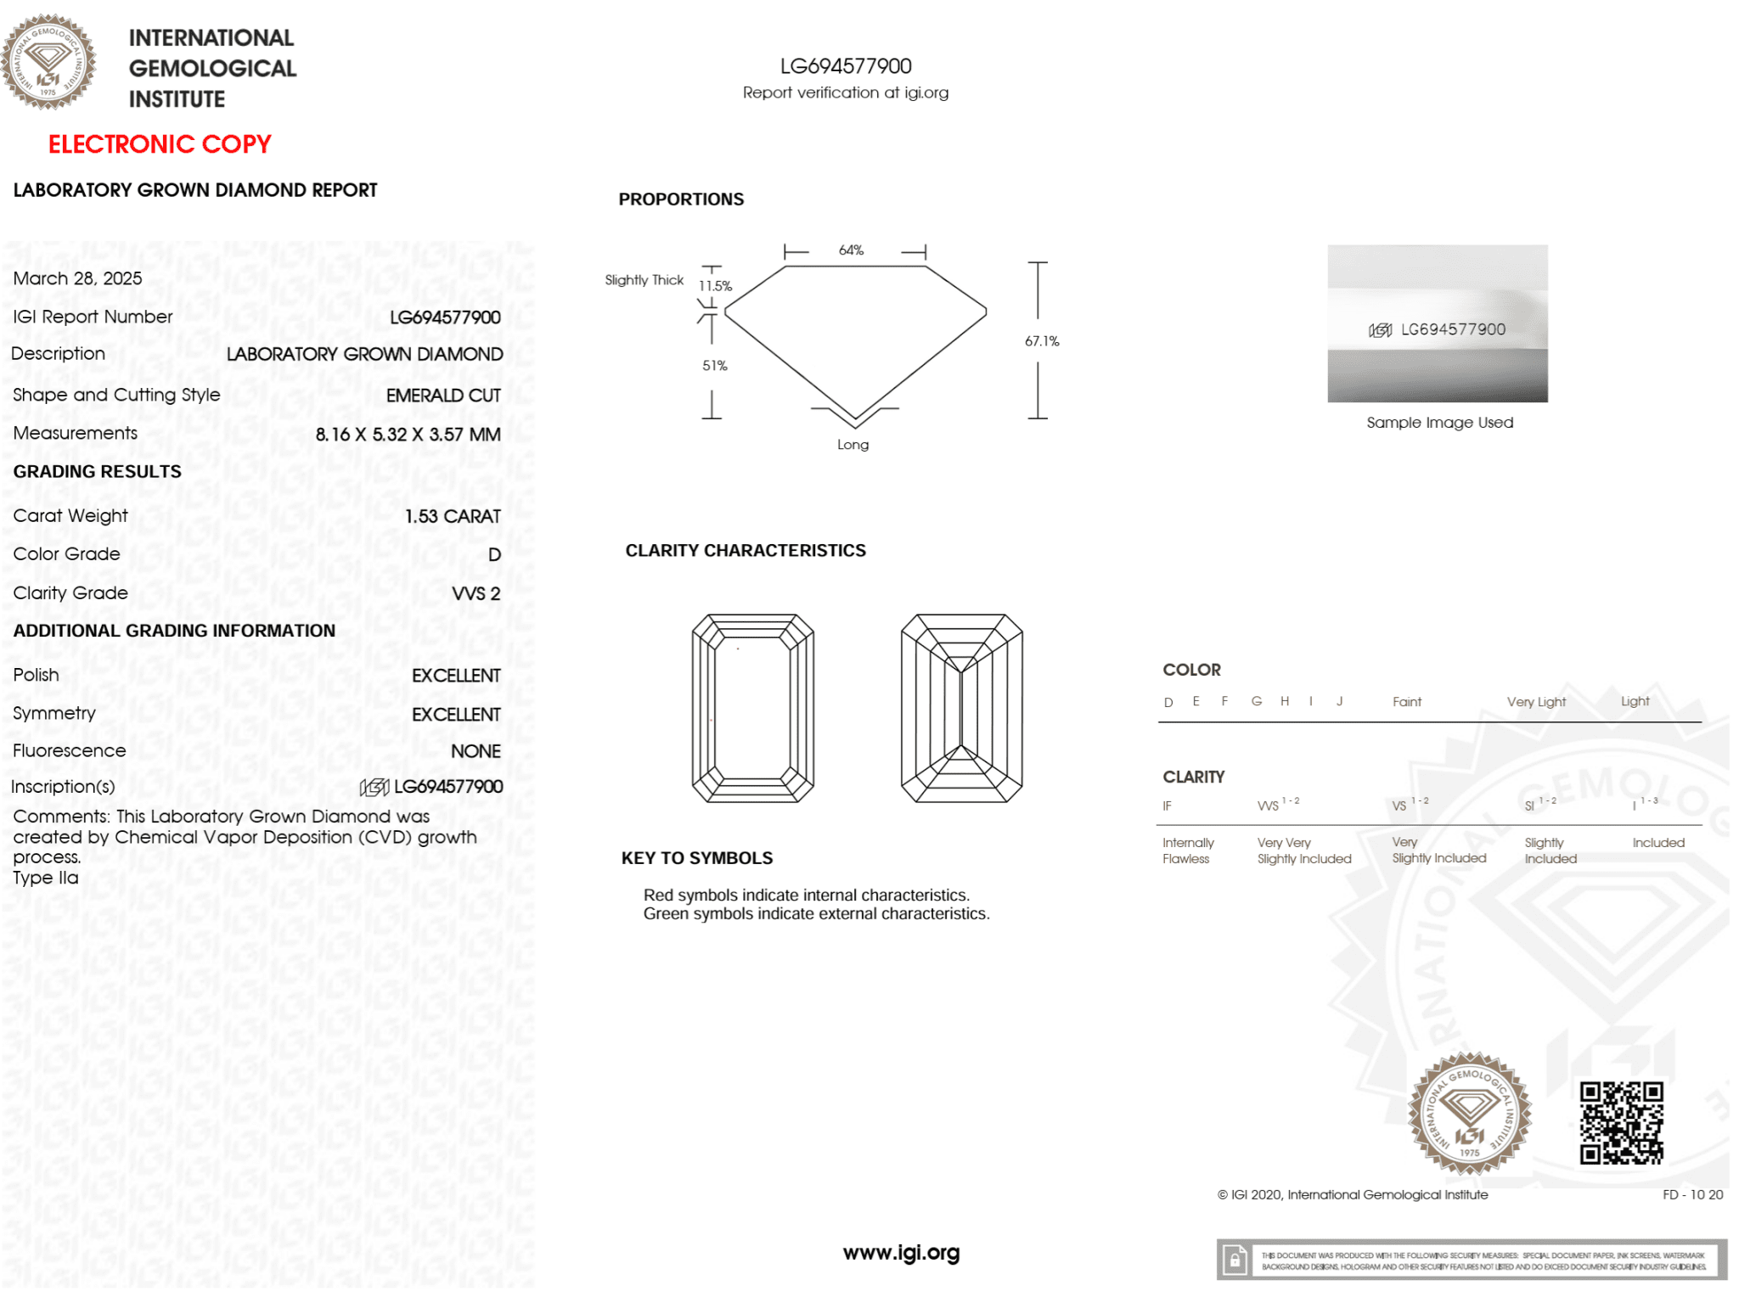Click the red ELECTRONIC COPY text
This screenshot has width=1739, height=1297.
(160, 144)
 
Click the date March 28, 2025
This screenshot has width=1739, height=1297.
(77, 278)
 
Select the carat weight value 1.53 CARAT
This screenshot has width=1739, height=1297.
(453, 516)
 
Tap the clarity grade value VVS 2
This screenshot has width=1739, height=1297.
(476, 593)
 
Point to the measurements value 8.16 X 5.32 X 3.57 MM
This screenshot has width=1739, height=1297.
(408, 435)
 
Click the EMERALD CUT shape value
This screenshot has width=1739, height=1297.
(443, 396)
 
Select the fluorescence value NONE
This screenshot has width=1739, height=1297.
(476, 751)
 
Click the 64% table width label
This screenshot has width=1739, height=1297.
(851, 250)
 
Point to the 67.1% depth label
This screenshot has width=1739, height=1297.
(1042, 341)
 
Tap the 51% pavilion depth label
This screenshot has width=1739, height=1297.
(714, 366)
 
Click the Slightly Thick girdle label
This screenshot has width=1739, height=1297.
(644, 280)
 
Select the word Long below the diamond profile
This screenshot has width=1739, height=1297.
(853, 445)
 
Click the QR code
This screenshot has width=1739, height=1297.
(1621, 1122)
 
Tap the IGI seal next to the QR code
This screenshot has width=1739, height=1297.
(1470, 1114)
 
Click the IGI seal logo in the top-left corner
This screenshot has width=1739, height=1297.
(48, 61)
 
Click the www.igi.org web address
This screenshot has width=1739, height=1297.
(901, 1253)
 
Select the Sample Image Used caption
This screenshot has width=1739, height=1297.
(1439, 423)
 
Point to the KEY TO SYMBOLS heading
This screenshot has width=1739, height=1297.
(697, 858)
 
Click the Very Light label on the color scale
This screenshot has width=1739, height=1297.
(1536, 702)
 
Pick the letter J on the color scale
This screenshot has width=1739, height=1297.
(1339, 701)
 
